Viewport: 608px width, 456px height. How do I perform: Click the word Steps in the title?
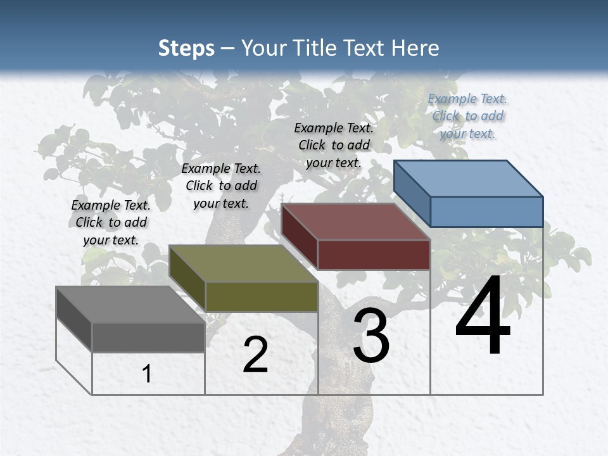pos(186,48)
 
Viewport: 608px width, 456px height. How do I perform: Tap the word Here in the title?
pos(415,48)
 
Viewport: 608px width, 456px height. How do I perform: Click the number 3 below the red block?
pos(371,336)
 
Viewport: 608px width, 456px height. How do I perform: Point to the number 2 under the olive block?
pos(255,355)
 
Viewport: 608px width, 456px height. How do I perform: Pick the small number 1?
pos(147,374)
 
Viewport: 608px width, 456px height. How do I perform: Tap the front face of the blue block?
pos(486,212)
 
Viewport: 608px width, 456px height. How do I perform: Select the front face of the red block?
pos(374,255)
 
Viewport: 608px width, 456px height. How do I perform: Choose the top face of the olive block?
pos(243,263)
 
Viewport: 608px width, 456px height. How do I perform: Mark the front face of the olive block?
pos(262,296)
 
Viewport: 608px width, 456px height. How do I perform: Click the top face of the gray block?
pos(130,304)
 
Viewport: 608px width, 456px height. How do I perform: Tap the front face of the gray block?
pos(148,337)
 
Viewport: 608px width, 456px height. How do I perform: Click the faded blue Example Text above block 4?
pos(467,116)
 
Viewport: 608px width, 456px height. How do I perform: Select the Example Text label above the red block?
pos(334,145)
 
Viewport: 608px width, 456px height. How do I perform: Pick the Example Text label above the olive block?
pos(221,186)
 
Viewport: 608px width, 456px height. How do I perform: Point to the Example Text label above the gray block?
pos(111,222)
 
